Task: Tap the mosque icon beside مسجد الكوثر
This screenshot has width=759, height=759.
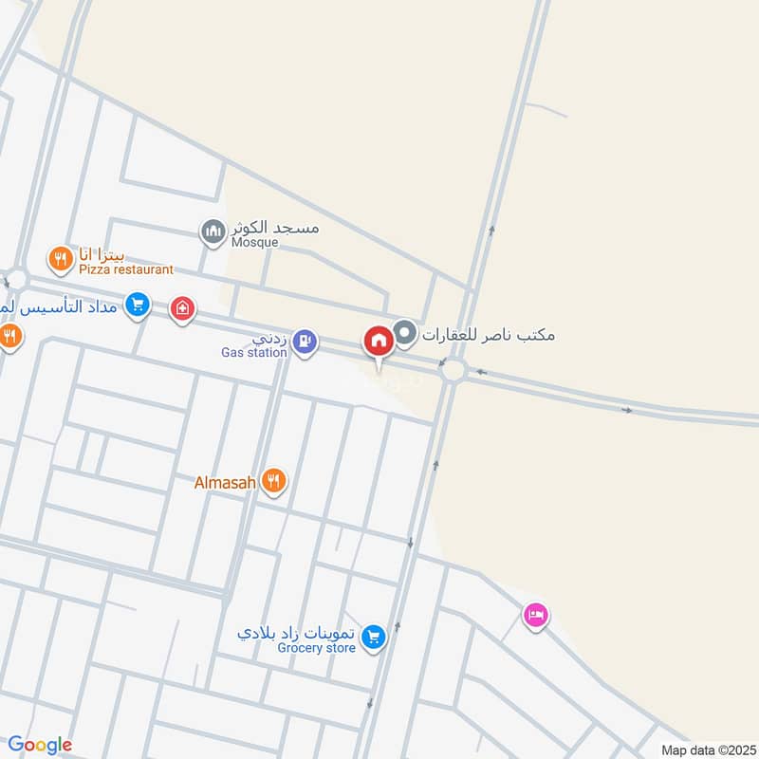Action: (212, 230)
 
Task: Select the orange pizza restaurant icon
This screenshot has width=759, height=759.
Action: (61, 257)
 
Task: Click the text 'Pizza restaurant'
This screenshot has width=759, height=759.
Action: (125, 269)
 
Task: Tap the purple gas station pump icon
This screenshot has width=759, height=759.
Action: (304, 340)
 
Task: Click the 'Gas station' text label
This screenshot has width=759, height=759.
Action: (253, 353)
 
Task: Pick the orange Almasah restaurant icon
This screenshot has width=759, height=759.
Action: (274, 481)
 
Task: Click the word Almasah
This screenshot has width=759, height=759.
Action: (225, 483)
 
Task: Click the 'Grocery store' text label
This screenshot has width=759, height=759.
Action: (316, 648)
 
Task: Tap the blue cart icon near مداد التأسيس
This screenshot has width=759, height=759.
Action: (138, 304)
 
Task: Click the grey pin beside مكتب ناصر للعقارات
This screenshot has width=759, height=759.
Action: (406, 333)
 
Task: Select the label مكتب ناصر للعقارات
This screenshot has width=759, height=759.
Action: (489, 334)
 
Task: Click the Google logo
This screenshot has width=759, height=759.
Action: (40, 745)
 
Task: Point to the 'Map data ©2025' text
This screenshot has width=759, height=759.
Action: (706, 750)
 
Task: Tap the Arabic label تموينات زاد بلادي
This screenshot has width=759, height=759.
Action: (297, 633)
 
